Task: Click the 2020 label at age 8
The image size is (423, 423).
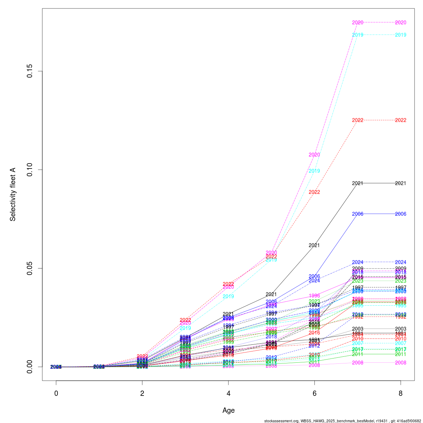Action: click(x=400, y=23)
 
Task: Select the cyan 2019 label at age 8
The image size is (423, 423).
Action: click(x=400, y=35)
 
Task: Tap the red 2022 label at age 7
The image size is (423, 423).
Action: click(x=357, y=120)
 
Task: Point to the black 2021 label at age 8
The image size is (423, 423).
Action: click(x=400, y=183)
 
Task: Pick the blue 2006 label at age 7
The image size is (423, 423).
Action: click(x=357, y=214)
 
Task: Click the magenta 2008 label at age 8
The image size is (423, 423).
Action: click(x=400, y=363)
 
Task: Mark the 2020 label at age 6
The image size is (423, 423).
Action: click(x=314, y=155)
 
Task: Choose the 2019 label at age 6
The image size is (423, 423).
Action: click(x=314, y=171)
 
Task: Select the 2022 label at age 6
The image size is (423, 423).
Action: click(x=314, y=192)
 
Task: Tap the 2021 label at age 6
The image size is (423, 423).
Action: click(x=314, y=245)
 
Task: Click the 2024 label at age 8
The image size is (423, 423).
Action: click(x=400, y=262)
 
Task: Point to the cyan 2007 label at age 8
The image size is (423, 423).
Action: click(x=400, y=343)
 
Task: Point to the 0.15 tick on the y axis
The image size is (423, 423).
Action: click(x=30, y=71)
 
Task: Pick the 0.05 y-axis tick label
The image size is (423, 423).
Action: click(x=30, y=268)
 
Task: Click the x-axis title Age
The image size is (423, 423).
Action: click(x=228, y=410)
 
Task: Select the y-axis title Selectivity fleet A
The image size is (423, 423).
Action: click(x=13, y=194)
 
